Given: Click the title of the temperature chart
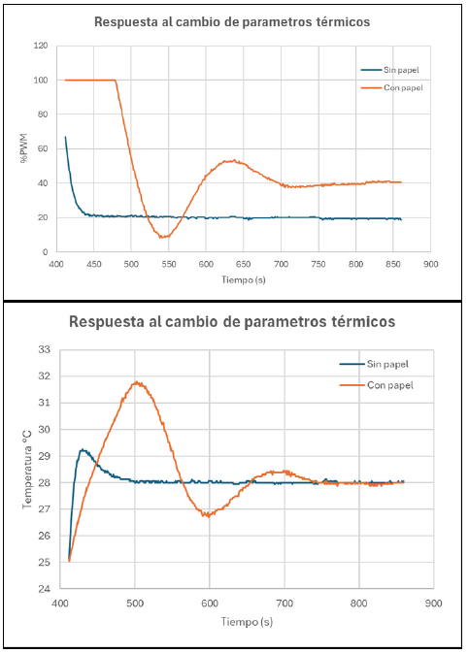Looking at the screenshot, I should (x=232, y=320).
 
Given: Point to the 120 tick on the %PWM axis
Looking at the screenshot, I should (x=40, y=46).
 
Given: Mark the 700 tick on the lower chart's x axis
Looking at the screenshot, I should (x=285, y=603).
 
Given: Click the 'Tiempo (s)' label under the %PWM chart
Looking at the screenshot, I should (x=243, y=278).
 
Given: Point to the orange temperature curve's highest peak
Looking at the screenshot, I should (x=136, y=382).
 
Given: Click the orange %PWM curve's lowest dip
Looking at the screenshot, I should (x=164, y=237).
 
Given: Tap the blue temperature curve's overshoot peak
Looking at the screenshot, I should (x=83, y=449).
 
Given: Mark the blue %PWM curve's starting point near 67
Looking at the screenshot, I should (x=65, y=137).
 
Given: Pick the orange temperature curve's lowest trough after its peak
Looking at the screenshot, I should (x=207, y=515).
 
